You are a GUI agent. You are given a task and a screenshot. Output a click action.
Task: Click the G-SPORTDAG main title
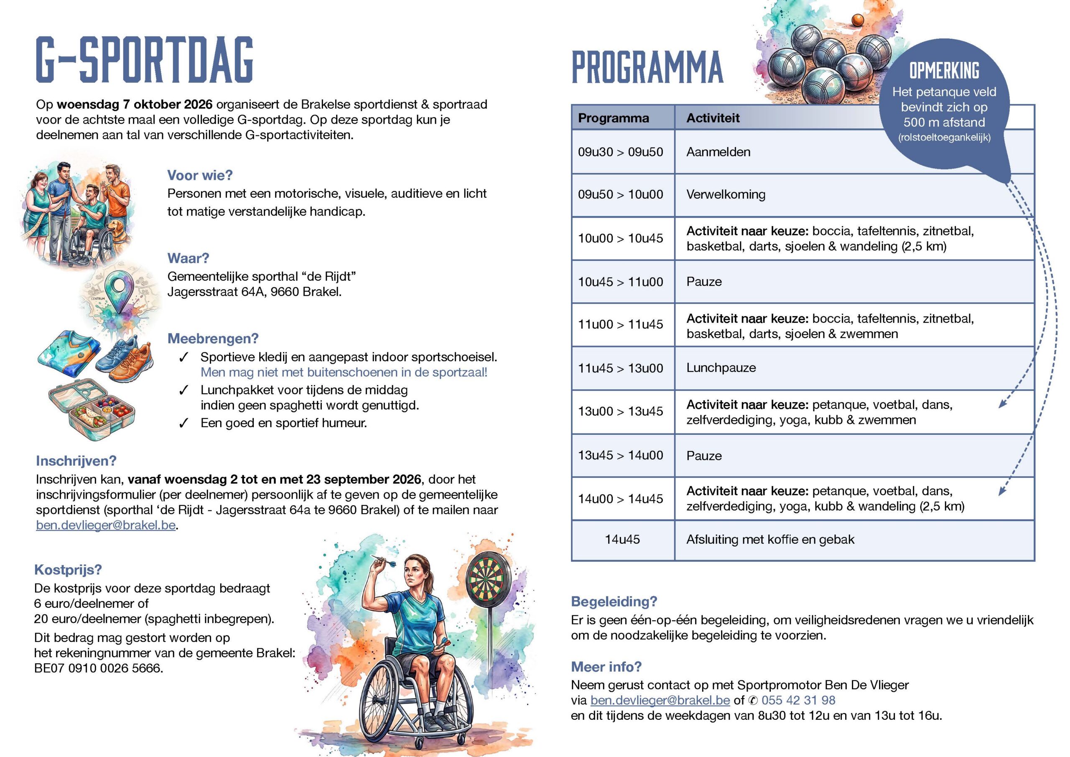145,60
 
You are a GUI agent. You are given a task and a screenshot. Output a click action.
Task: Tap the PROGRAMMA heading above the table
647,68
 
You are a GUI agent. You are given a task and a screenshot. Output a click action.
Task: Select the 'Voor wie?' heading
200,175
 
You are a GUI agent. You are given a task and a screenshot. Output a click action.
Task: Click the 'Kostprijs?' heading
68,570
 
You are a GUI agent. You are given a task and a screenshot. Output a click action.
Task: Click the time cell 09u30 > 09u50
620,152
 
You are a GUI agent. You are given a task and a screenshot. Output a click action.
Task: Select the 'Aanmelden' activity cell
718,152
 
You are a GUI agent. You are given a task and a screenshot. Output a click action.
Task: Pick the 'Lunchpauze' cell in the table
721,368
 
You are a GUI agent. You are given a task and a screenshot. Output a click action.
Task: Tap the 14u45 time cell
622,539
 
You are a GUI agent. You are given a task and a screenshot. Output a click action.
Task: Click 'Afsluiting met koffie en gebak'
770,539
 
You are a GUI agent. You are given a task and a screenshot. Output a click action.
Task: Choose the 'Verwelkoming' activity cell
726,194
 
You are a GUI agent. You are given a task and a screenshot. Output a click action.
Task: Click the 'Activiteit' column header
713,118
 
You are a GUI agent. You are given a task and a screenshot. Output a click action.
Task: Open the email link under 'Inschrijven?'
106,525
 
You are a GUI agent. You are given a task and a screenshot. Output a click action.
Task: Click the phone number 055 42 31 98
798,700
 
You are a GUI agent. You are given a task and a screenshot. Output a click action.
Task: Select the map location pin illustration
122,292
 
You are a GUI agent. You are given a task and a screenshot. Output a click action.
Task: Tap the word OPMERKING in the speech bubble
944,71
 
